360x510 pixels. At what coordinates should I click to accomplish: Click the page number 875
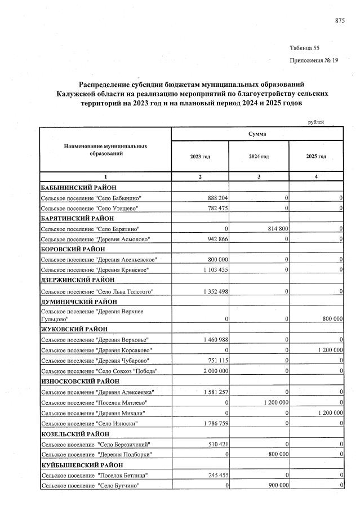pos(340,21)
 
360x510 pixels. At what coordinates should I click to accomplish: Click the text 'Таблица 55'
pos(304,48)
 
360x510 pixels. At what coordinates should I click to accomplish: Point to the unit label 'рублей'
pos(316,122)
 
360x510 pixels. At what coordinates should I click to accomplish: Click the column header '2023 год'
pos(200,156)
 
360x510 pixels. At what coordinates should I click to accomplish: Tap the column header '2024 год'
pos(259,156)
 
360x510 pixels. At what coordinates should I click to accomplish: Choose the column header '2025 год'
pos(316,156)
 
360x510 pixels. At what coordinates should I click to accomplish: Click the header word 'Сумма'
pos(257,134)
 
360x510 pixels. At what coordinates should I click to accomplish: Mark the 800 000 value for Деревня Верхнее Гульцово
pos(329,318)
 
